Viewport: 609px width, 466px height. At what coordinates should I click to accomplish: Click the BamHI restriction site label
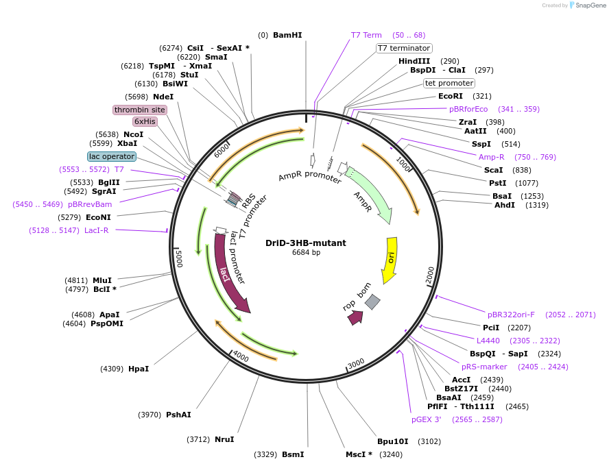[x=287, y=35]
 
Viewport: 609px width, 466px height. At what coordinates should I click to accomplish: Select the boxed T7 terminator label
[x=404, y=48]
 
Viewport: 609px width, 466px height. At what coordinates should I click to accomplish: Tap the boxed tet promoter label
[x=449, y=83]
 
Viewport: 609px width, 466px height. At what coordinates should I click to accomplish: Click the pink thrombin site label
[x=140, y=110]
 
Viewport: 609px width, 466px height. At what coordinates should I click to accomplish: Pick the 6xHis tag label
[x=145, y=121]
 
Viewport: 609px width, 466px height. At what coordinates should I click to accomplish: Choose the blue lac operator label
[x=112, y=156]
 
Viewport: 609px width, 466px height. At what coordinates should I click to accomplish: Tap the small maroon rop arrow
[x=355, y=317]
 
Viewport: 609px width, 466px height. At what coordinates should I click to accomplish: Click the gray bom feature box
[x=372, y=302]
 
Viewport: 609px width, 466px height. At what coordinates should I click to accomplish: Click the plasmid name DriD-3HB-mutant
[x=306, y=243]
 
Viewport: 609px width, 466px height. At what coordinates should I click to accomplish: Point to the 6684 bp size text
[x=306, y=253]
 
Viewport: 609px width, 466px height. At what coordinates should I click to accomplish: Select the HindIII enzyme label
[x=414, y=61]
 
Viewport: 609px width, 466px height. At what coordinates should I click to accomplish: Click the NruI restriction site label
[x=224, y=439]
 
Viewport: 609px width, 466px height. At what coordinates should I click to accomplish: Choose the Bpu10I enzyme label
[x=393, y=441]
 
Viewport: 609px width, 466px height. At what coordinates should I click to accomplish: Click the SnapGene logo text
[x=591, y=5]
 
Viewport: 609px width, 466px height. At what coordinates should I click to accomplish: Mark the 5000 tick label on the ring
[x=178, y=259]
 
